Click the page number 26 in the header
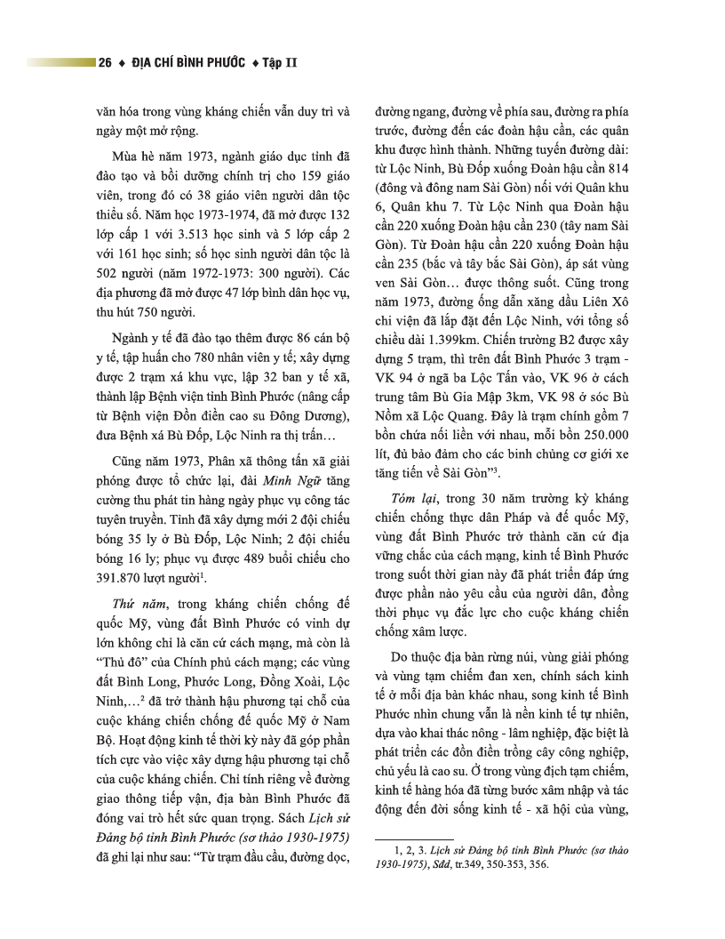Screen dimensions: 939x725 click(x=105, y=63)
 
